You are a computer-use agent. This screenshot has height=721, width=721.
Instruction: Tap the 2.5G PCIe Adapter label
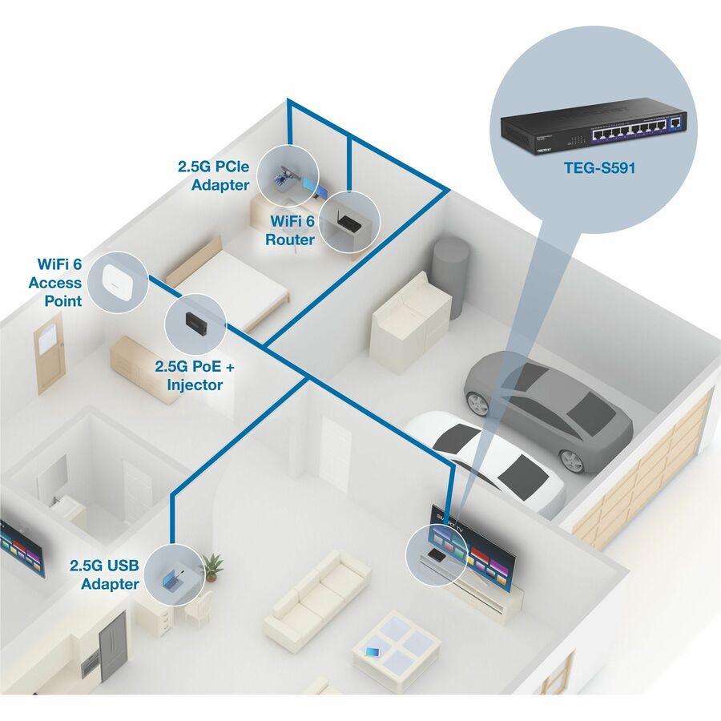tap(214, 176)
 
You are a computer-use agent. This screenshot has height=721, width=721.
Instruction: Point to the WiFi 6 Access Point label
tap(55, 283)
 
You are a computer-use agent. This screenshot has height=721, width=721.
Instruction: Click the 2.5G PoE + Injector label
tap(195, 377)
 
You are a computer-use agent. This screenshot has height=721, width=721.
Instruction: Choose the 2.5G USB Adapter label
tap(104, 574)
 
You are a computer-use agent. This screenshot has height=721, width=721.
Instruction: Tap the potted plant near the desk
tap(211, 566)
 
